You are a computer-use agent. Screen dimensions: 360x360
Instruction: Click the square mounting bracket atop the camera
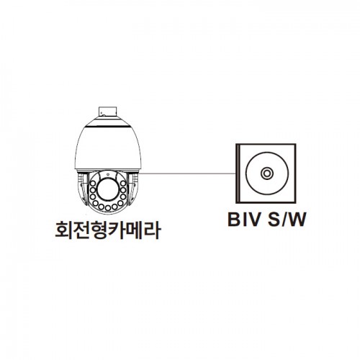point(107,112)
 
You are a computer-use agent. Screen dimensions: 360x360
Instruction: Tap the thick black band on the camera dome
point(108,125)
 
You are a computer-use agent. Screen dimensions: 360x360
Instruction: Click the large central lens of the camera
point(108,189)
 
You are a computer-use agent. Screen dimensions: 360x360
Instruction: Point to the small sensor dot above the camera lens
point(108,174)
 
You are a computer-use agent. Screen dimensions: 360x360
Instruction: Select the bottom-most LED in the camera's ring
point(108,207)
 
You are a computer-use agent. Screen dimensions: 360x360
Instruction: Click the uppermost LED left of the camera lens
point(93,184)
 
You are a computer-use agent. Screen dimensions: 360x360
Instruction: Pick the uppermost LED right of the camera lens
point(123,184)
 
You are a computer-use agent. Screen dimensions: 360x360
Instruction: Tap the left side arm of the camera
point(82,189)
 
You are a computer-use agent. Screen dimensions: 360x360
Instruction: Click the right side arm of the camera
point(133,189)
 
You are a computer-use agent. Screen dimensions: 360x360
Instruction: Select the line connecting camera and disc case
point(188,173)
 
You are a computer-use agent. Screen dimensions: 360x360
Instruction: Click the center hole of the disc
point(266,174)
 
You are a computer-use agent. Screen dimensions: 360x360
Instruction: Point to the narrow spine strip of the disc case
point(238,174)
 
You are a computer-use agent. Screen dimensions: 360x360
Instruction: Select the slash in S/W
point(284,220)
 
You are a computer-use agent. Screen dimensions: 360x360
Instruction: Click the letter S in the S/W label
point(274,220)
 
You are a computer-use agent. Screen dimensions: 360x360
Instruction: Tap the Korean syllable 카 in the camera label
point(117,230)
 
